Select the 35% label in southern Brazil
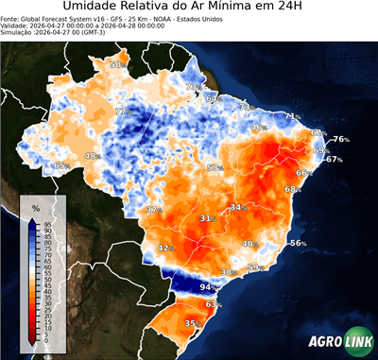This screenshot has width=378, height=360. click(x=191, y=323)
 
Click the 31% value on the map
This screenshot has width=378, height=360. click(x=205, y=218)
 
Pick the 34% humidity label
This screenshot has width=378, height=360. click(x=236, y=206)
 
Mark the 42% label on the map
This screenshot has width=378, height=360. click(x=163, y=248)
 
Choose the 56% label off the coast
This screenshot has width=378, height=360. click(x=297, y=243)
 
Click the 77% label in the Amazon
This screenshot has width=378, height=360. click(x=121, y=111)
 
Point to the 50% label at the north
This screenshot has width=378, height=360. click(x=116, y=64)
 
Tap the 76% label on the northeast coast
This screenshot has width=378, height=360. click(x=340, y=139)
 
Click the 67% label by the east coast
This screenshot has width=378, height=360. click(x=333, y=160)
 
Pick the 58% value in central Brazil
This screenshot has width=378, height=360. click(x=214, y=167)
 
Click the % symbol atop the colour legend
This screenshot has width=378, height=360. click(x=35, y=206)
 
